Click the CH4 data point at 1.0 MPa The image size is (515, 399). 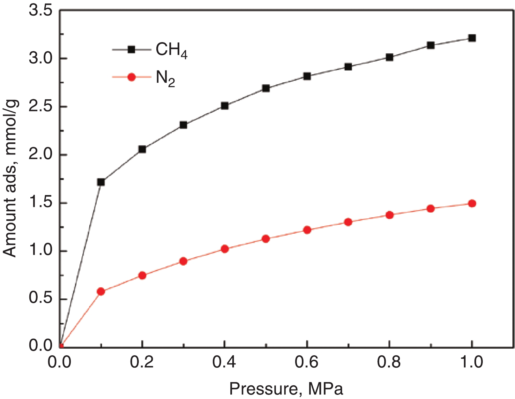point(472,38)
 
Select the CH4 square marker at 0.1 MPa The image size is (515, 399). point(101,182)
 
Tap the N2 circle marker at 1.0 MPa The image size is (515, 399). point(472,203)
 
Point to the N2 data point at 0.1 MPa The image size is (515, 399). point(101,291)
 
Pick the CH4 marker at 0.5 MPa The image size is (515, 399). point(266,88)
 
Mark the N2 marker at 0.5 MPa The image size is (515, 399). point(266,239)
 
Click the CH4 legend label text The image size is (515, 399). point(171,50)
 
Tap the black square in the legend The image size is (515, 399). point(131,49)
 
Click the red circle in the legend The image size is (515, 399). point(131,77)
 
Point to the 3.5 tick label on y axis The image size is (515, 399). point(41,11)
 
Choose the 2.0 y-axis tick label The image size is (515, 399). point(41,155)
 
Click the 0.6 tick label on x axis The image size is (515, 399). point(307,363)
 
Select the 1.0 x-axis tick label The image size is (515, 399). point(472,363)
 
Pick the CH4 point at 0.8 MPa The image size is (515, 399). point(389,57)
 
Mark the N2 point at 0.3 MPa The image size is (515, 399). point(183,261)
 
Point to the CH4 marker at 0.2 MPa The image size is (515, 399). point(142,149)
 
